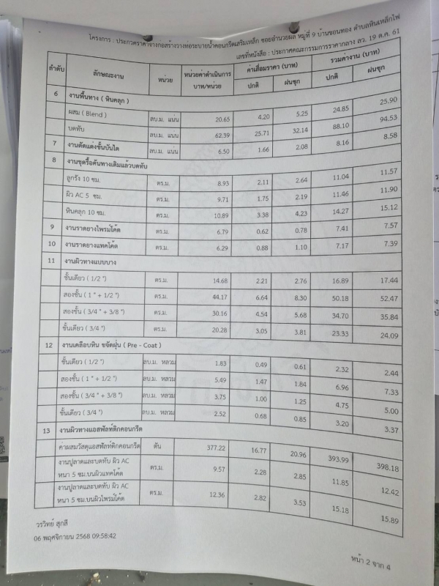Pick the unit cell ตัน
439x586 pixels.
click(158, 445)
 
